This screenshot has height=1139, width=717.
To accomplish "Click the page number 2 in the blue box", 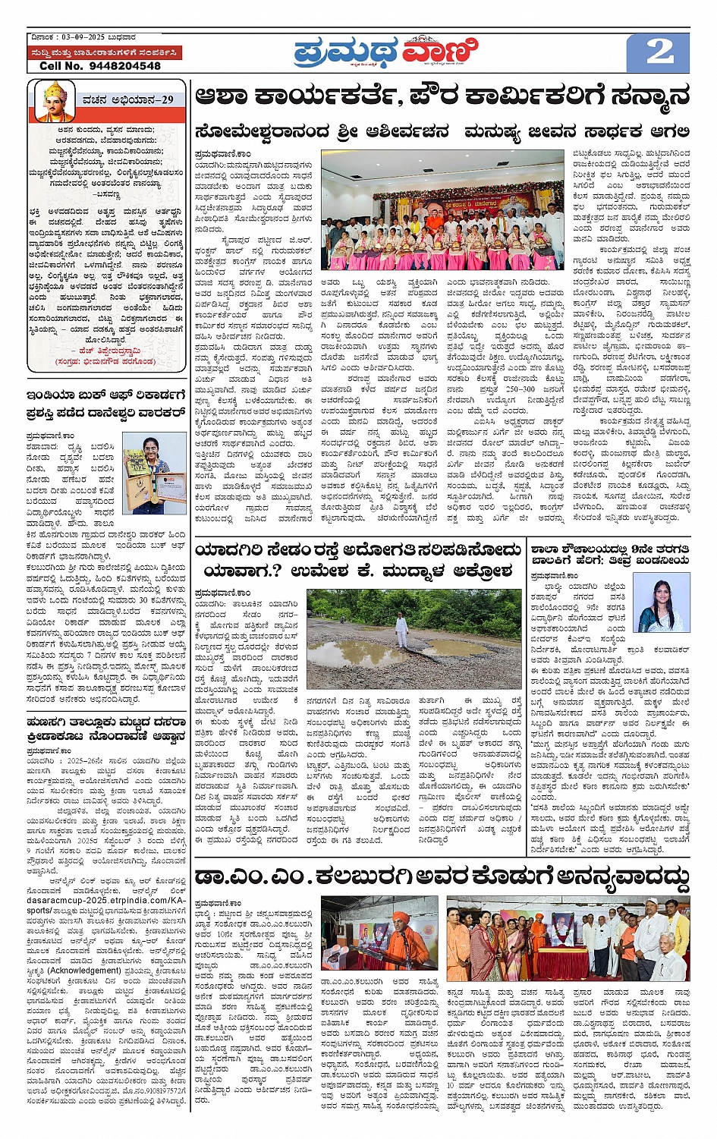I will coord(659,52).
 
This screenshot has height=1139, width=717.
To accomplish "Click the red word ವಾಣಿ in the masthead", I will coord(441,53).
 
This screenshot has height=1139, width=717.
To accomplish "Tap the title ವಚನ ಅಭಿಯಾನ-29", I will coord(128,99).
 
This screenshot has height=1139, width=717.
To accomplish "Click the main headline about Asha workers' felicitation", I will coord(442,96).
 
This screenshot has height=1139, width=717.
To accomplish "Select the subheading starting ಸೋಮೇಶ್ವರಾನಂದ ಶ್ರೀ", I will coord(322,131).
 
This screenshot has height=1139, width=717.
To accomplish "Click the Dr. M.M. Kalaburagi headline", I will coord(442,878).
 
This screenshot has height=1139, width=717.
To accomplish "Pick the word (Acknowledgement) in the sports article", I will coord(84,971).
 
